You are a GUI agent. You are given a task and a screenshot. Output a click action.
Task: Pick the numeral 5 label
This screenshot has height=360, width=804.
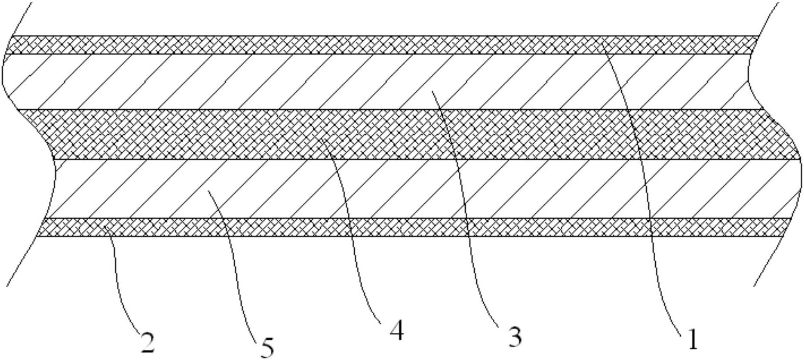(x=267, y=347)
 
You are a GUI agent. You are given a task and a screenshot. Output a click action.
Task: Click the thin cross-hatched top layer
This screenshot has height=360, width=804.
(x=301, y=45)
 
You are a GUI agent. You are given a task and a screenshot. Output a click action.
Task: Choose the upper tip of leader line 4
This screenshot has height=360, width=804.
(x=319, y=138)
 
